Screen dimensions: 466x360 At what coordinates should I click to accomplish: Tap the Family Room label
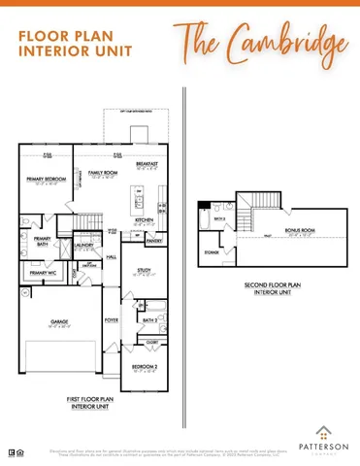[103, 174]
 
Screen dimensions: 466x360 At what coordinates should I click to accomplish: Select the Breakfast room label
[147, 164]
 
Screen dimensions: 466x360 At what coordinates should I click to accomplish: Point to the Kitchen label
[145, 220]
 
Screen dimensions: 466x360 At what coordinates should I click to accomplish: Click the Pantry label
[154, 239]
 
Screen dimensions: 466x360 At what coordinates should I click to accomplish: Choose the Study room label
[144, 270]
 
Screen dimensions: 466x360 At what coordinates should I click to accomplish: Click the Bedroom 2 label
[146, 366]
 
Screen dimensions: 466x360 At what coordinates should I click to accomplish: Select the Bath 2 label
[149, 319]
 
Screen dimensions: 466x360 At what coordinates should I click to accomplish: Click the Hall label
[112, 256]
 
